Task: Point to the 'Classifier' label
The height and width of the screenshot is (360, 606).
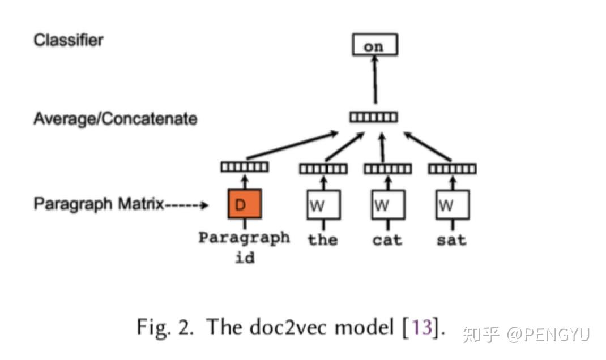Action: (69, 40)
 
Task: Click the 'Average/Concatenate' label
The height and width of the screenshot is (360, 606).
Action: (115, 119)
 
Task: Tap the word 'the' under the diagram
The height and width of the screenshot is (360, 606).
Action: (323, 239)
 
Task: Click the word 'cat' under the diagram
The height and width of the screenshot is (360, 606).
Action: (387, 239)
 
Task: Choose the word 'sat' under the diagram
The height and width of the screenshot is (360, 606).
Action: (452, 239)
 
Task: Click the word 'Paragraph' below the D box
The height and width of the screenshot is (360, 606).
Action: (244, 238)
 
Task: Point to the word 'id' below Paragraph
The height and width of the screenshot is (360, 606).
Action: (244, 258)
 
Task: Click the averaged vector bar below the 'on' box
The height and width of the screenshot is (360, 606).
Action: (373, 117)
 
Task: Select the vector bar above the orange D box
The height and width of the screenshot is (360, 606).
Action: (244, 166)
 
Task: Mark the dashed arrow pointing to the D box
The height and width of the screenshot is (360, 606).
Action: (186, 205)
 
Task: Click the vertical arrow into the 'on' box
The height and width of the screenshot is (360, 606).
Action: (374, 82)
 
